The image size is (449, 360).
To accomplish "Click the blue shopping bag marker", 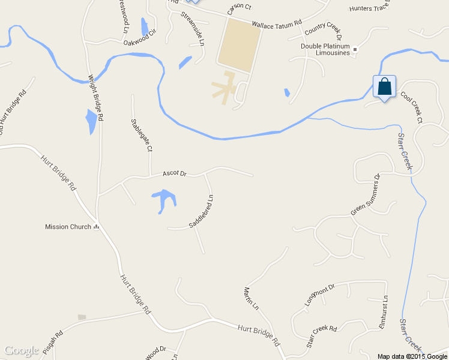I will (384, 87).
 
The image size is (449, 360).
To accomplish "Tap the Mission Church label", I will (68, 227).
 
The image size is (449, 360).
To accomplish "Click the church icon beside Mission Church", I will (95, 227).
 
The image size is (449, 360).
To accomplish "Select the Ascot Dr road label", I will (175, 173).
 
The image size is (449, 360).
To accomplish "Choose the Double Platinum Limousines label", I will (325, 49).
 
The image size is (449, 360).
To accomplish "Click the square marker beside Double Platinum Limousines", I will (355, 49).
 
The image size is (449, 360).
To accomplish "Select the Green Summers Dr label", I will (366, 195).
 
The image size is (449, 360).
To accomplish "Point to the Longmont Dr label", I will (319, 295).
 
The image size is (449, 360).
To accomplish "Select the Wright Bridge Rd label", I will (96, 98).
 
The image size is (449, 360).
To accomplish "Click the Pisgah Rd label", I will (59, 342).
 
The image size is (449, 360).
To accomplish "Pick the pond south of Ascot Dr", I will (163, 200).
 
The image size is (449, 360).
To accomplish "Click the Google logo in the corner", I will (21, 350).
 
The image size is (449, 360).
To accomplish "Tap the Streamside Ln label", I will (193, 28).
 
